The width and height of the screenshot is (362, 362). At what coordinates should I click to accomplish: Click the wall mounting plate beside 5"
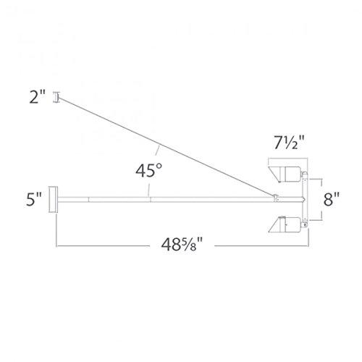[53, 197]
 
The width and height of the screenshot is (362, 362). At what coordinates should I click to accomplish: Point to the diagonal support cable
[167, 145]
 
